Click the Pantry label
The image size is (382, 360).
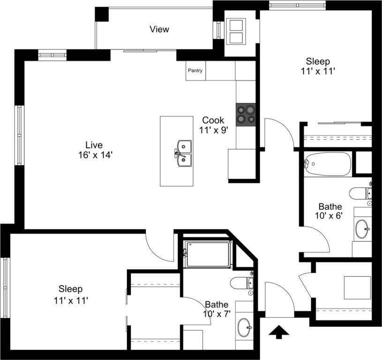(x=195, y=71)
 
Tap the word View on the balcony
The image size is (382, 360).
(x=159, y=29)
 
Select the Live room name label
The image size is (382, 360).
(x=94, y=145)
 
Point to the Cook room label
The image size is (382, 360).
(x=213, y=120)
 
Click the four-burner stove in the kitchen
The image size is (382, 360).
(x=246, y=114)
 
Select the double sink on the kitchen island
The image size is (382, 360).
(x=183, y=154)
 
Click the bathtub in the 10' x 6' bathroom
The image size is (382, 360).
(x=327, y=164)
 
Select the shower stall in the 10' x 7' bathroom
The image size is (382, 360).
(x=208, y=255)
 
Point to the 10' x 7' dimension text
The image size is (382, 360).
(x=217, y=314)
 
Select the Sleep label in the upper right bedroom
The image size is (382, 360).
(x=318, y=61)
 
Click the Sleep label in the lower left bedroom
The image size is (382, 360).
(x=71, y=289)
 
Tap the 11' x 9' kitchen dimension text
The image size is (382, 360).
(x=213, y=131)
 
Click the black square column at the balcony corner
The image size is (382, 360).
(x=102, y=15)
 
